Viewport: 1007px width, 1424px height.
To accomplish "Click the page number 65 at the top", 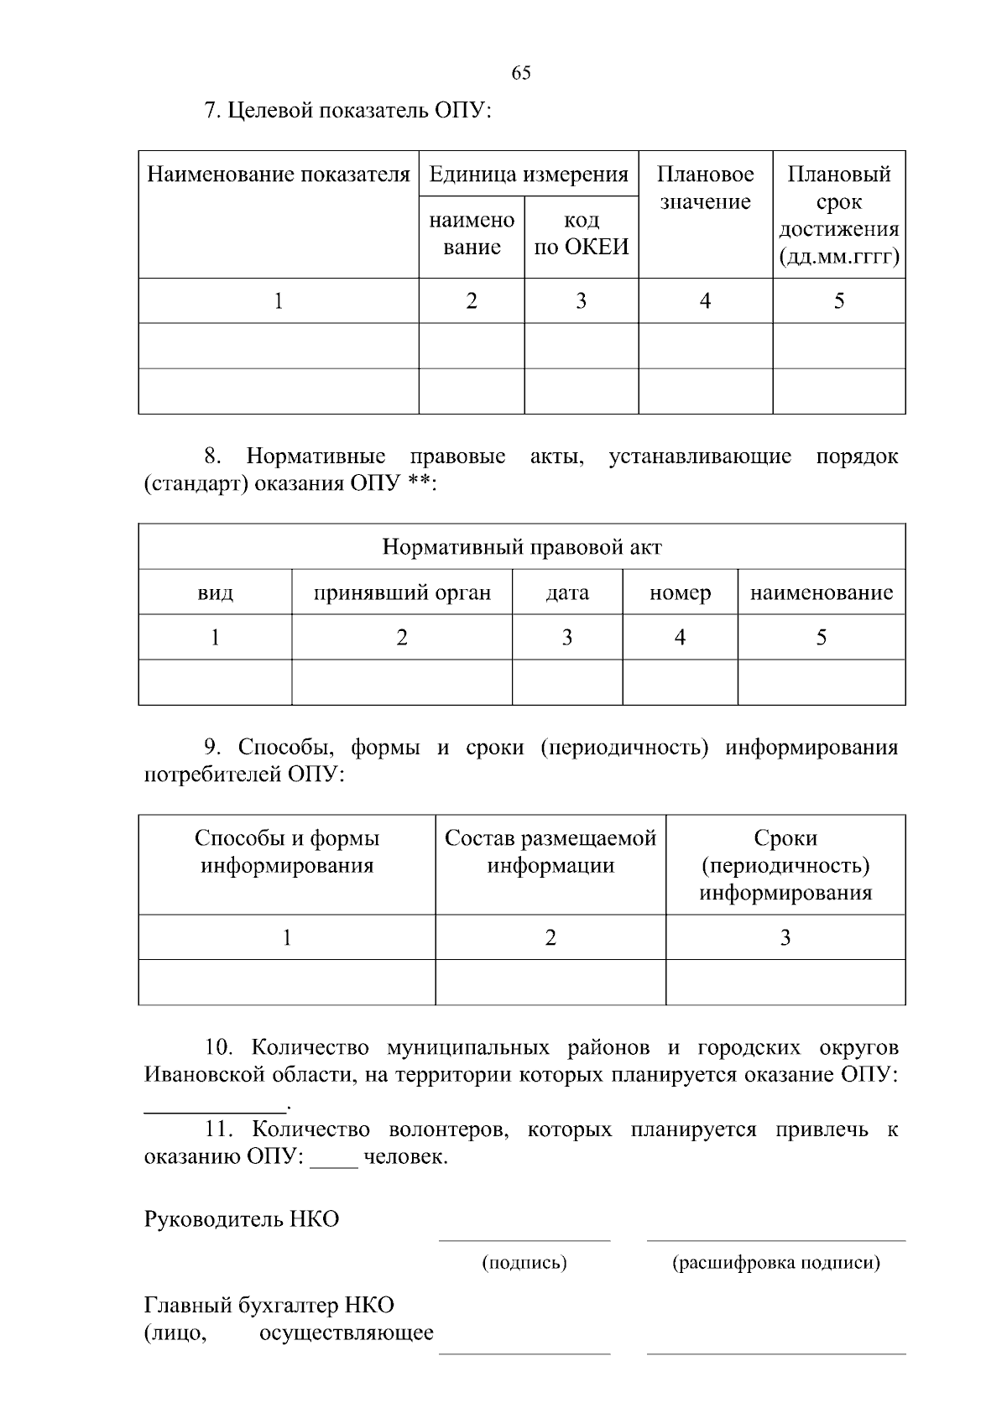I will (520, 73).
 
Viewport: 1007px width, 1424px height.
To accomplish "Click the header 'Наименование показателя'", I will (279, 175).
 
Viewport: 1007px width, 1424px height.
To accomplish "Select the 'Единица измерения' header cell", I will (529, 175).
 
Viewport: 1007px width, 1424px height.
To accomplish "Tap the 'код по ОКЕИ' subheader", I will (581, 233).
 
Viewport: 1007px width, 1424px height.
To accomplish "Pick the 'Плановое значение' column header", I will (705, 188).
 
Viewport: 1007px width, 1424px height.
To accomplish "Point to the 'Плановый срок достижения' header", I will (838, 215).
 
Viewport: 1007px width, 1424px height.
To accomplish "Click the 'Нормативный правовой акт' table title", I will (521, 547).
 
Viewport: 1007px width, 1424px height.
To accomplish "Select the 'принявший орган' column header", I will (402, 592).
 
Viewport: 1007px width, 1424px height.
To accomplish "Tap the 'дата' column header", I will (567, 592).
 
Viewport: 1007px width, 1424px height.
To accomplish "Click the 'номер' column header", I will (680, 592).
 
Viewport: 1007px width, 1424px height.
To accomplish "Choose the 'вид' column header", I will (215, 592).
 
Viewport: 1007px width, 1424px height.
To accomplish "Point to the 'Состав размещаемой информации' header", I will (550, 852).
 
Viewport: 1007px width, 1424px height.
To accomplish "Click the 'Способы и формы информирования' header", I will (287, 852).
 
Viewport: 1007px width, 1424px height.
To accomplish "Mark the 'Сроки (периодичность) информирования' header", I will (785, 865).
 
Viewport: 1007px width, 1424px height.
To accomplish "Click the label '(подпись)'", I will (524, 1263).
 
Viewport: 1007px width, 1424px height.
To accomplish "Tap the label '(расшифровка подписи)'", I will (776, 1263).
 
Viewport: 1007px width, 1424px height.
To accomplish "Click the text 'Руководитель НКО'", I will (242, 1219).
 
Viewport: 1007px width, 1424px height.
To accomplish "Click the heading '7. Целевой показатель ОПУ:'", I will (347, 111).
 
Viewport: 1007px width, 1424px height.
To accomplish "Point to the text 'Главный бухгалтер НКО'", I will (269, 1306).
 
